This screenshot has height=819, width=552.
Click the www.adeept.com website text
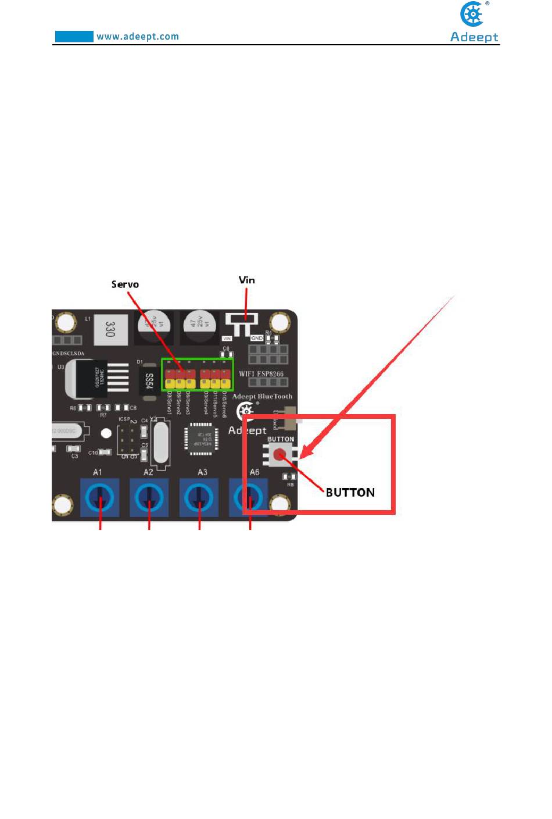pyautogui.click(x=137, y=37)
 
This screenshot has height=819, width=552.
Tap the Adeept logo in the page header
pyautogui.click(x=474, y=23)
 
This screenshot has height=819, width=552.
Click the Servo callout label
pyautogui.click(x=125, y=284)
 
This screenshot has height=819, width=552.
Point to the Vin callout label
pyautogui.click(x=247, y=280)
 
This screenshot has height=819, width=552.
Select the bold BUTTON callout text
pyautogui.click(x=350, y=493)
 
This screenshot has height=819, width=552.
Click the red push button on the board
pyautogui.click(x=281, y=454)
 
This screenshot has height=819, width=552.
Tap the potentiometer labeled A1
pyautogui.click(x=99, y=497)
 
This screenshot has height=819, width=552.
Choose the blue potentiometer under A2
pyautogui.click(x=149, y=497)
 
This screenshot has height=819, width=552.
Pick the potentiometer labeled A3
pyautogui.click(x=199, y=497)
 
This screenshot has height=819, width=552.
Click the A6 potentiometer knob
pyautogui.click(x=249, y=497)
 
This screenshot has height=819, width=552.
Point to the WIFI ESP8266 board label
pyautogui.click(x=261, y=374)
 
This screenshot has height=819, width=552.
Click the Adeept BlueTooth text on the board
pyautogui.click(x=262, y=397)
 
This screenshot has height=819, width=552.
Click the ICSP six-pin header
pyautogui.click(x=128, y=440)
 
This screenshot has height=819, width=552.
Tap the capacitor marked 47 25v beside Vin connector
pyautogui.click(x=199, y=326)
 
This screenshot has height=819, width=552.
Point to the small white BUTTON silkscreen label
pyautogui.click(x=281, y=439)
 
